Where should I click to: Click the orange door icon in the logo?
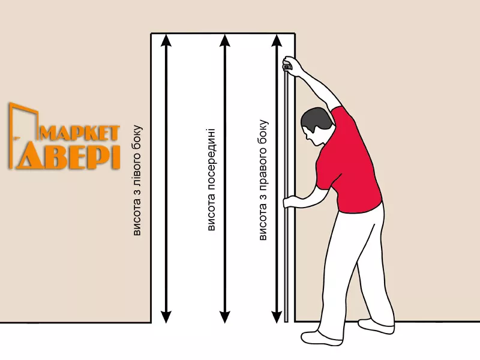pyautogui.click(x=23, y=134)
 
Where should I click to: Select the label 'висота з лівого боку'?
pyautogui.click(x=137, y=180)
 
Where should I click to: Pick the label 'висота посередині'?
pyautogui.click(x=211, y=179)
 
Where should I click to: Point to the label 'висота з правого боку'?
pyautogui.click(x=263, y=180)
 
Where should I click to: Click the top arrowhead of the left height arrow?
pyautogui.click(x=166, y=40)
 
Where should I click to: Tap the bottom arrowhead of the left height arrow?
pyautogui.click(x=166, y=317)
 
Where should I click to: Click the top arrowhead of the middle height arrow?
pyautogui.click(x=225, y=40)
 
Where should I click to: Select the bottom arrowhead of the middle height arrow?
pyautogui.click(x=225, y=317)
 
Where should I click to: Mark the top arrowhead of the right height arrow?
pyautogui.click(x=277, y=40)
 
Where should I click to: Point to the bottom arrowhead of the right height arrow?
pyautogui.click(x=277, y=317)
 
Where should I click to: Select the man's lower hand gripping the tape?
pyautogui.click(x=291, y=202)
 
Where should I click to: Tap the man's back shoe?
pyautogui.click(x=377, y=326)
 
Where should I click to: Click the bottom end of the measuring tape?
pyautogui.click(x=287, y=320)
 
